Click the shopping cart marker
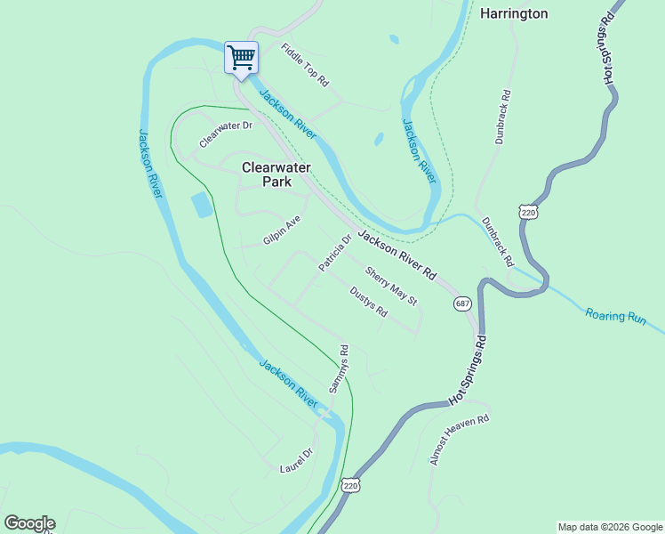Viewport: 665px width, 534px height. coord(241,58)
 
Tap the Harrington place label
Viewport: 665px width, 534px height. coord(514,13)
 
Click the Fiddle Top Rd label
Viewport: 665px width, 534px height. coord(305,65)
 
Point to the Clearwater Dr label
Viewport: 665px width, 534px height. coord(226,134)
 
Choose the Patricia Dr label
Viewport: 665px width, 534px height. coord(336,253)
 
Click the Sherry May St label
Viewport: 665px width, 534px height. coord(391,287)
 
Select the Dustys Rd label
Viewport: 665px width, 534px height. coord(368,302)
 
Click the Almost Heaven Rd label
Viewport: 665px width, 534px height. coord(460,440)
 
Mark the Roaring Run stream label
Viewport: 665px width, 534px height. coord(615,316)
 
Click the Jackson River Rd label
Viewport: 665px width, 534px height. coord(397,254)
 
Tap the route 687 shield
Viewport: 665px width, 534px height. coord(462,303)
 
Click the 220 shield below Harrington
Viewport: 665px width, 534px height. coord(528,213)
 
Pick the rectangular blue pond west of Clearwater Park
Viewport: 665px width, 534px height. coord(202,205)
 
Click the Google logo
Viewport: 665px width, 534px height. coord(29,523)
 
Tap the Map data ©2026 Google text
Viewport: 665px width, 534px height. coord(609,527)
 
